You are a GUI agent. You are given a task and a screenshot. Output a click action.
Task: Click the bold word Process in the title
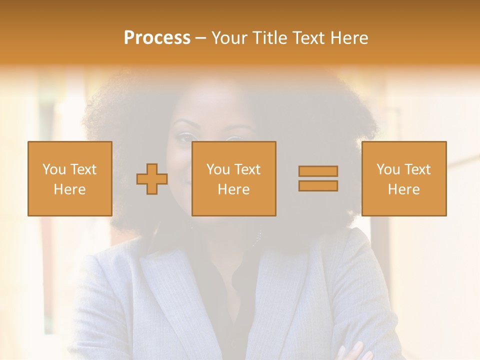pyautogui.click(x=157, y=38)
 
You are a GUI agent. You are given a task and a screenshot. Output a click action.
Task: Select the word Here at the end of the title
pyautogui.click(x=349, y=38)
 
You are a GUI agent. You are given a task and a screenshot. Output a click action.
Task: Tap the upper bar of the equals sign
pyautogui.click(x=318, y=171)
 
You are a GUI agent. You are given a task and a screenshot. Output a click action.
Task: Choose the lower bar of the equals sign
pyautogui.click(x=318, y=185)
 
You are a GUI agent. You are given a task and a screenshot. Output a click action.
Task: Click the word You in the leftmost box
pyautogui.click(x=54, y=169)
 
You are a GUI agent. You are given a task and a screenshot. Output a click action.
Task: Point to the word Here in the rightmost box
pyautogui.click(x=403, y=189)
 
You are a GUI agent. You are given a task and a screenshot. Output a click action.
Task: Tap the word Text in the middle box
pyautogui.click(x=247, y=169)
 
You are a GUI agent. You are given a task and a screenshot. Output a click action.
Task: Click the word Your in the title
pyautogui.click(x=229, y=38)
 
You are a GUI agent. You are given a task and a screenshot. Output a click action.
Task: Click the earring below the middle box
pyautogui.click(x=258, y=237)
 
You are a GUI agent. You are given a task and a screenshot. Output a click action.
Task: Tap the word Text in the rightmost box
pyautogui.click(x=417, y=169)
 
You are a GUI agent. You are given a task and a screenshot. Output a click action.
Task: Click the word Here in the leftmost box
pyautogui.click(x=69, y=189)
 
